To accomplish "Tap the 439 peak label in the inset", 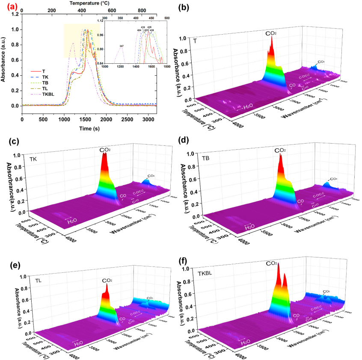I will (x=151, y=30).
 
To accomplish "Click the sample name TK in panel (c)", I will (x=34, y=159).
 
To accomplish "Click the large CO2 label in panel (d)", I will (x=280, y=150).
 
